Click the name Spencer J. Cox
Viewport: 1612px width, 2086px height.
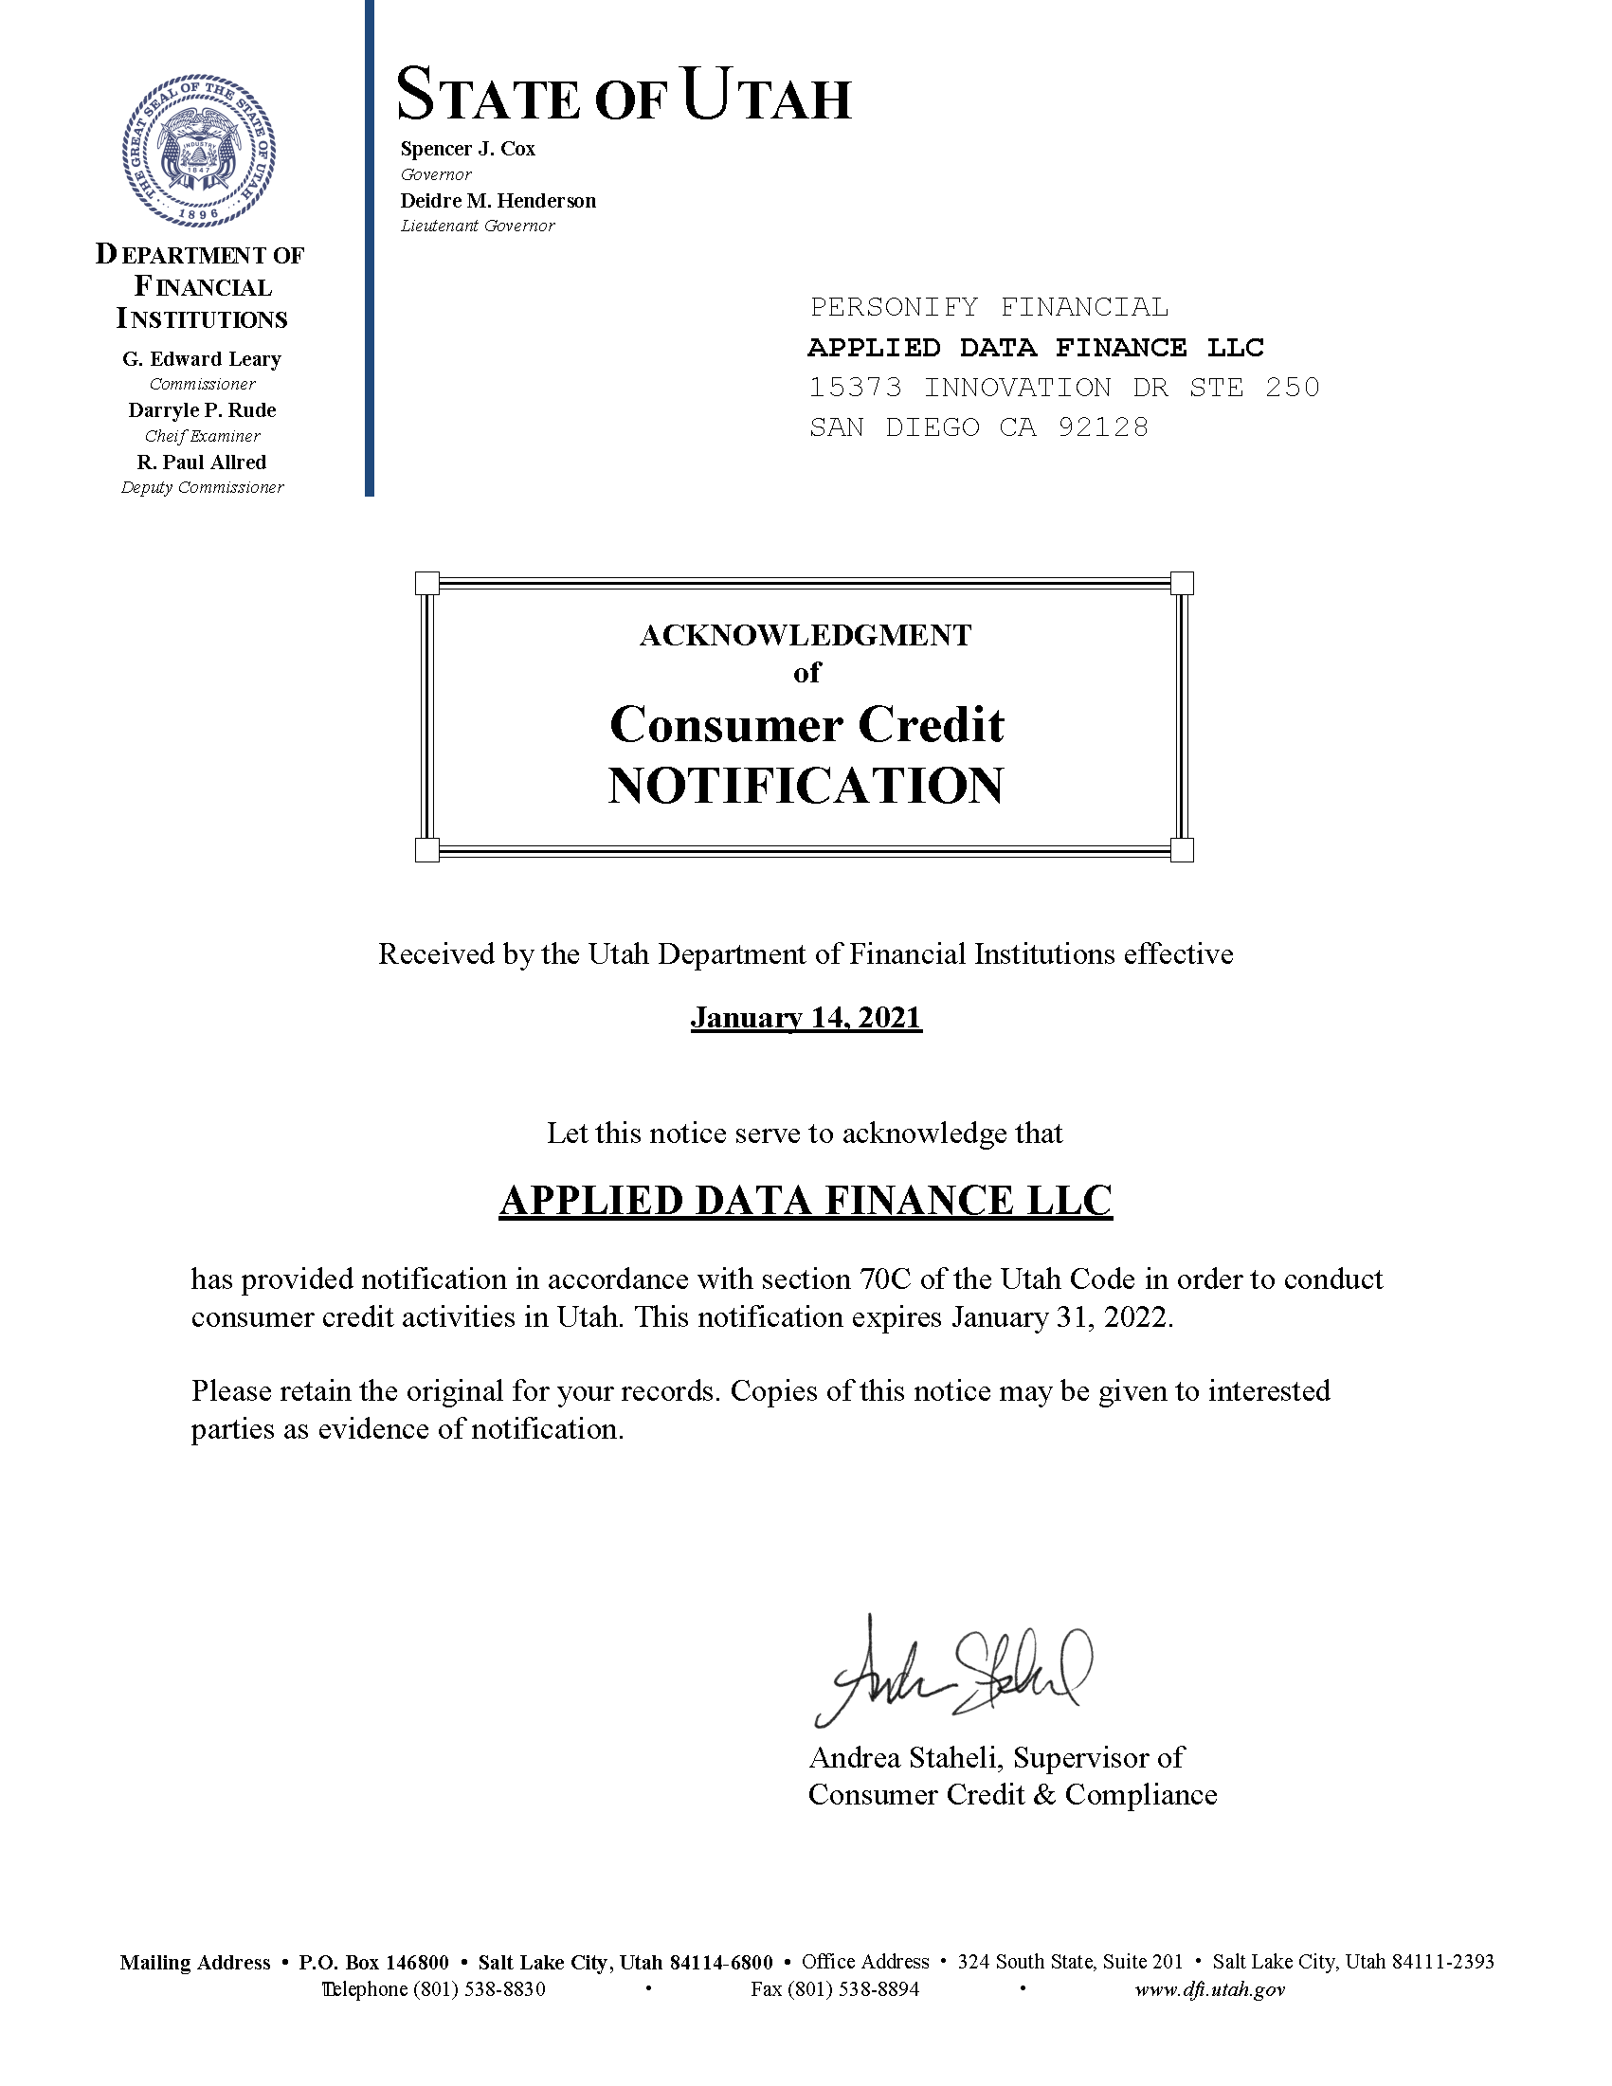click(468, 149)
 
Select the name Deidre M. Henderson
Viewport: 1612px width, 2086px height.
click(498, 201)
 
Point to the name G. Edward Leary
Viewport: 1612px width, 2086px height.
click(202, 359)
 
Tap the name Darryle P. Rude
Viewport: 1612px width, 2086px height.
click(203, 410)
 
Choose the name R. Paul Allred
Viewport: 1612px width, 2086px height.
click(202, 463)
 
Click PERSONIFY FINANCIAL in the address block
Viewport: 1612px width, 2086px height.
click(988, 308)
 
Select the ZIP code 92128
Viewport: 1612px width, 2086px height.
click(1103, 426)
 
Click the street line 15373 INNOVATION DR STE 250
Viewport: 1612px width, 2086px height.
click(1064, 388)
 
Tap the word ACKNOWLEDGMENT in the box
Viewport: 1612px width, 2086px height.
click(805, 636)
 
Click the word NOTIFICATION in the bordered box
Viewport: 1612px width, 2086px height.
click(806, 786)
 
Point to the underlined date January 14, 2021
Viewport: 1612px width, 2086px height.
click(806, 1017)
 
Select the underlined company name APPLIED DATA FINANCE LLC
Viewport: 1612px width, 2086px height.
click(806, 1201)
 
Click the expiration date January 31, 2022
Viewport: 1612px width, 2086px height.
click(1060, 1317)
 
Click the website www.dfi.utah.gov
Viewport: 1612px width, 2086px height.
click(1210, 1989)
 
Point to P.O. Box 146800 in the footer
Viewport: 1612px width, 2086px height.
click(373, 1963)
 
